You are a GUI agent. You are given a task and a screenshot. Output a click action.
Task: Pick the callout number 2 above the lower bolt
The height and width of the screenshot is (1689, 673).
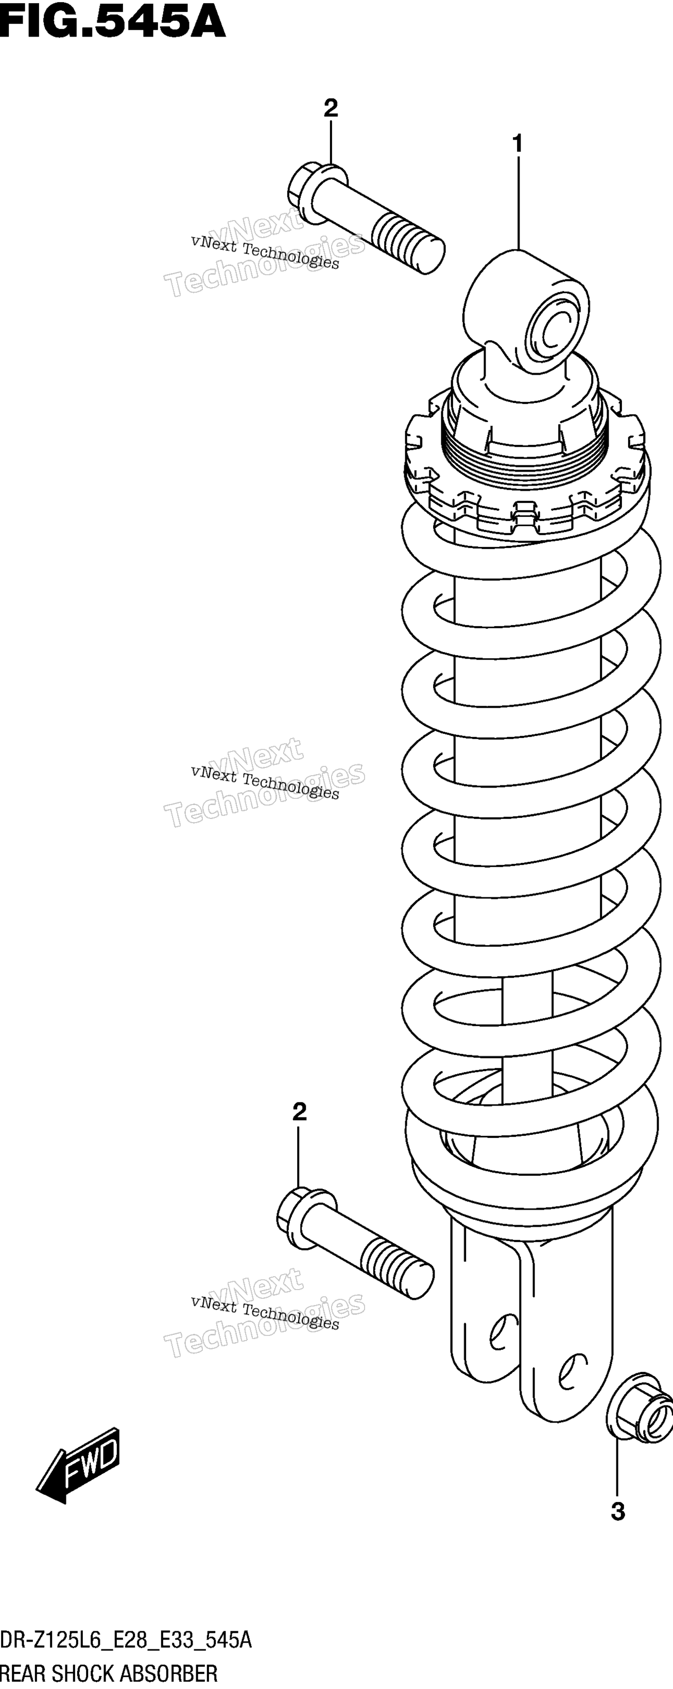(300, 1111)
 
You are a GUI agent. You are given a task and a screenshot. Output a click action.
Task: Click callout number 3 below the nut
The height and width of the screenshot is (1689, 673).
(617, 1512)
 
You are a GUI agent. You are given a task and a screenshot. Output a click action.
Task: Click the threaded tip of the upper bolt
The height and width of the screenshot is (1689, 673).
(409, 247)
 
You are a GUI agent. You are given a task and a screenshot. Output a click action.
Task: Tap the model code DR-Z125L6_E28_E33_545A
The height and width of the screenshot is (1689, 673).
(126, 1641)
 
